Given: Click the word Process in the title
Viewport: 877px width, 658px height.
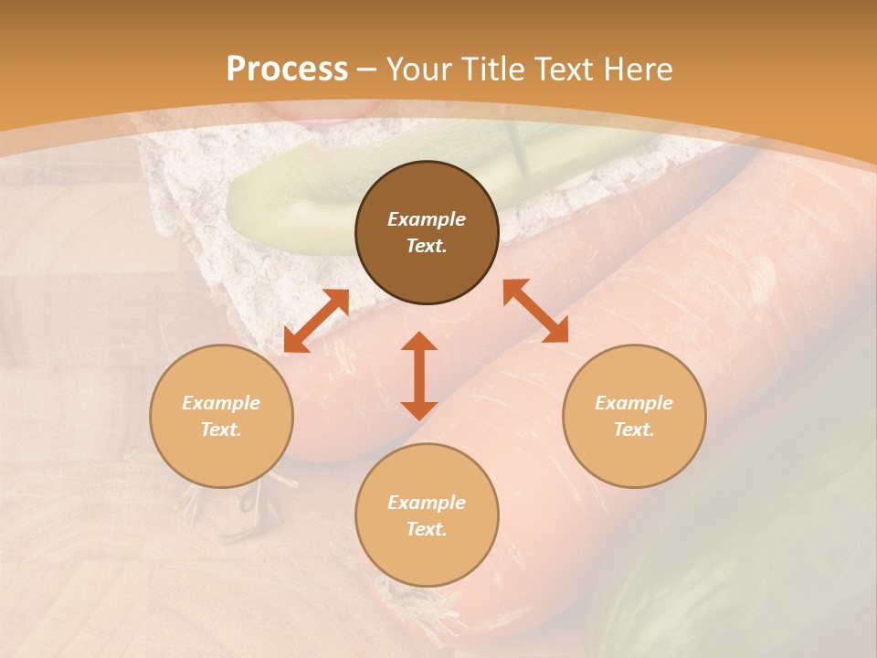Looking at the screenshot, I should (x=287, y=69).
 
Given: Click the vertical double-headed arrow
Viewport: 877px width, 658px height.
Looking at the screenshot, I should (x=419, y=376).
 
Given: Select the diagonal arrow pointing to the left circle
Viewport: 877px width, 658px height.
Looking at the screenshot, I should (x=316, y=321).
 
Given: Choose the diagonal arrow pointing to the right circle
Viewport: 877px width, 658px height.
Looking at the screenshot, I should (x=535, y=311).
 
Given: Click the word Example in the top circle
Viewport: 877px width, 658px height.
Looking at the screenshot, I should (x=427, y=219).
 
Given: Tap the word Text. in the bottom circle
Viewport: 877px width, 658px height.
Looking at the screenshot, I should (x=427, y=529).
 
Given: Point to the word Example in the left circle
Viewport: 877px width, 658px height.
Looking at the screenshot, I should (x=221, y=403).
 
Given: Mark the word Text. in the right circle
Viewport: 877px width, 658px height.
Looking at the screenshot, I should (x=633, y=430).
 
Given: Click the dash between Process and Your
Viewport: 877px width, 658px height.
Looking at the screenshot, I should (x=367, y=69).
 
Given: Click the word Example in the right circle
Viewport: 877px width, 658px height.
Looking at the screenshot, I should (x=633, y=403).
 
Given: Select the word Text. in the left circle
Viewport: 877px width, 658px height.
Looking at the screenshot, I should (x=221, y=430).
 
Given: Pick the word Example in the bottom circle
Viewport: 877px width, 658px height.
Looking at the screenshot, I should (x=427, y=503).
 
